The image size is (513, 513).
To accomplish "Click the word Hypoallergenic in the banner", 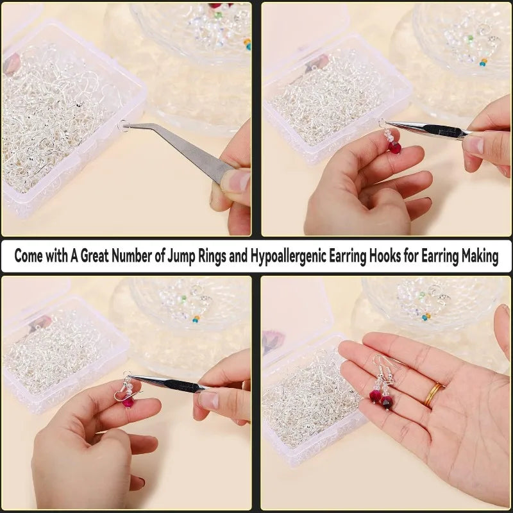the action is [x=288, y=256].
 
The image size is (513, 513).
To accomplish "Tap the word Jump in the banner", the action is [x=181, y=256].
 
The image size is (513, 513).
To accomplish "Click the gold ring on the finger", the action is [x=434, y=394].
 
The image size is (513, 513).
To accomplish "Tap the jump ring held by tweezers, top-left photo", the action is [x=123, y=126].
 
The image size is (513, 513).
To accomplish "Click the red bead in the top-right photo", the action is [x=395, y=147].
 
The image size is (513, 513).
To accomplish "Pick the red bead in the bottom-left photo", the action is [x=128, y=402].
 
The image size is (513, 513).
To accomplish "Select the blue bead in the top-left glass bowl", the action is [x=249, y=47].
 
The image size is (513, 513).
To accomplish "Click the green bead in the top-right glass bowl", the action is [x=471, y=38].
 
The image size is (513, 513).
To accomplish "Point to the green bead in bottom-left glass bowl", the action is [x=183, y=298].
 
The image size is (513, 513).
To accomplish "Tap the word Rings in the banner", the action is [x=212, y=256].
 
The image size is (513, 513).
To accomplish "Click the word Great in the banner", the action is [x=94, y=255].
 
